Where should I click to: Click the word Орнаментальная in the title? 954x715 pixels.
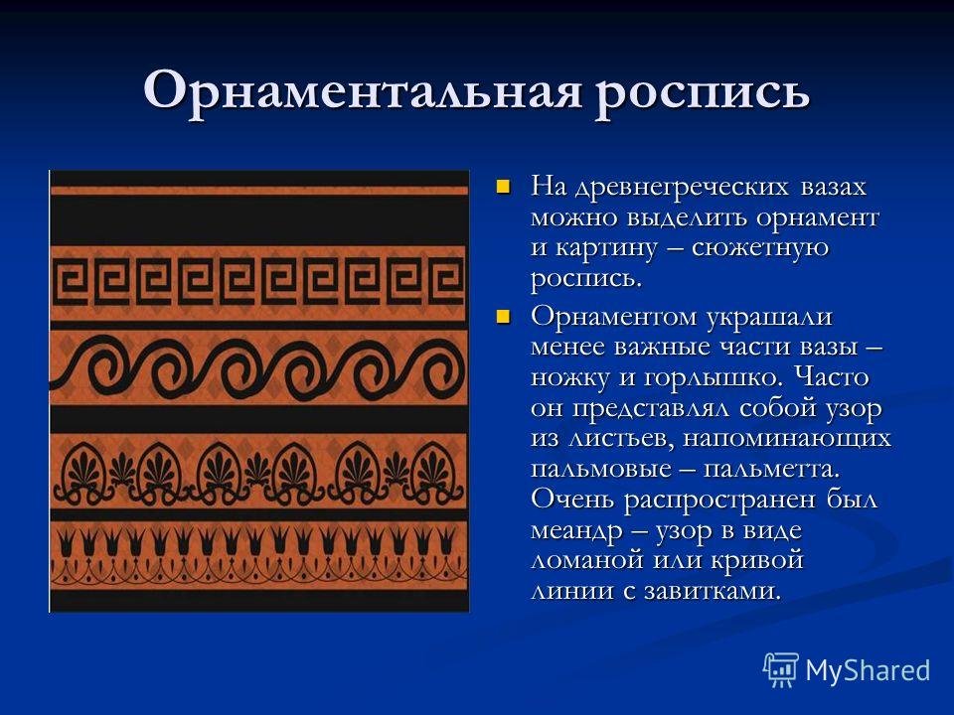pyautogui.click(x=363, y=90)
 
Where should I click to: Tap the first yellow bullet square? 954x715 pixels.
pyautogui.click(x=503, y=186)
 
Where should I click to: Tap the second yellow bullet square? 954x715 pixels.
pyautogui.click(x=503, y=317)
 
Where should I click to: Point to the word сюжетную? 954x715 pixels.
pyautogui.click(x=760, y=248)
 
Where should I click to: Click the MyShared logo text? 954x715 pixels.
pyautogui.click(x=869, y=670)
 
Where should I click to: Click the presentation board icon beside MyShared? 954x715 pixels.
pyautogui.click(x=782, y=670)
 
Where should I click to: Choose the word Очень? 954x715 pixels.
pyautogui.click(x=572, y=500)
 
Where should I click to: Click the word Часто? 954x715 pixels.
pyautogui.click(x=832, y=377)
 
